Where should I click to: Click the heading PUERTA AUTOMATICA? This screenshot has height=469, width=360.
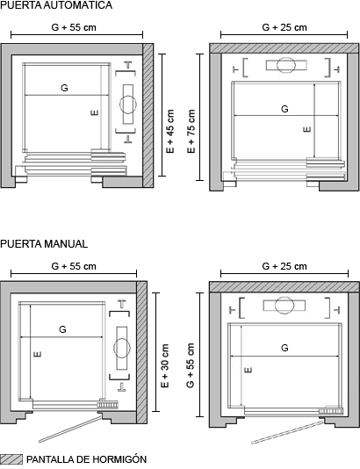[x=56, y=5]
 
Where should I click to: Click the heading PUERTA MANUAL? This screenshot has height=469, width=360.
[x=44, y=244]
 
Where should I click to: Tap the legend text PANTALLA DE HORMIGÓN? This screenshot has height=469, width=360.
[x=86, y=459]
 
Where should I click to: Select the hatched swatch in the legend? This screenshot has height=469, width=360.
[x=11, y=459]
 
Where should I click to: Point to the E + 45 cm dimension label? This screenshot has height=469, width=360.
[x=170, y=132]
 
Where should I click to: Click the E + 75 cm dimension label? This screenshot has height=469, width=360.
[x=191, y=132]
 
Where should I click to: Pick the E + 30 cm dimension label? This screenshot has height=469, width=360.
[x=165, y=366]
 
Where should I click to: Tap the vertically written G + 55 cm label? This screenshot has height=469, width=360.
[x=191, y=365]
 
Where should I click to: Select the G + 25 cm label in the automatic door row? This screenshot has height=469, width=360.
[x=284, y=27]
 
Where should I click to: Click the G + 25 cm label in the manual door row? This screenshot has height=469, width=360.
[x=284, y=266]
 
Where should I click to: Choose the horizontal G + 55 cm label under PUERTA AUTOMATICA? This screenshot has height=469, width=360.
[x=74, y=27]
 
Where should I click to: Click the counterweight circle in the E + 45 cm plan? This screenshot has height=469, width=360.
[x=128, y=105]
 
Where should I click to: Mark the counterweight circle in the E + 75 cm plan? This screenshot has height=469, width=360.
[x=286, y=65]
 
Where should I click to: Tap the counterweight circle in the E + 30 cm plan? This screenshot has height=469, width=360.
[x=122, y=348]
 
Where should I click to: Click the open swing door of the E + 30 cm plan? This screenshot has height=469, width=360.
[x=70, y=429]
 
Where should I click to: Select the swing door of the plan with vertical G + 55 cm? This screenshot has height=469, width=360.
[x=287, y=432]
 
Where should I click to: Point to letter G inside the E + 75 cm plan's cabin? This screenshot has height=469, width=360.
[x=284, y=109]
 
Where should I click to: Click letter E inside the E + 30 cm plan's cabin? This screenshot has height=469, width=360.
[x=38, y=354]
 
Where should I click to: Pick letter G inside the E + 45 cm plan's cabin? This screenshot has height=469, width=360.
[x=64, y=88]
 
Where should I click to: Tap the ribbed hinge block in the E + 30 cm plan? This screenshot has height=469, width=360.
[x=107, y=404]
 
